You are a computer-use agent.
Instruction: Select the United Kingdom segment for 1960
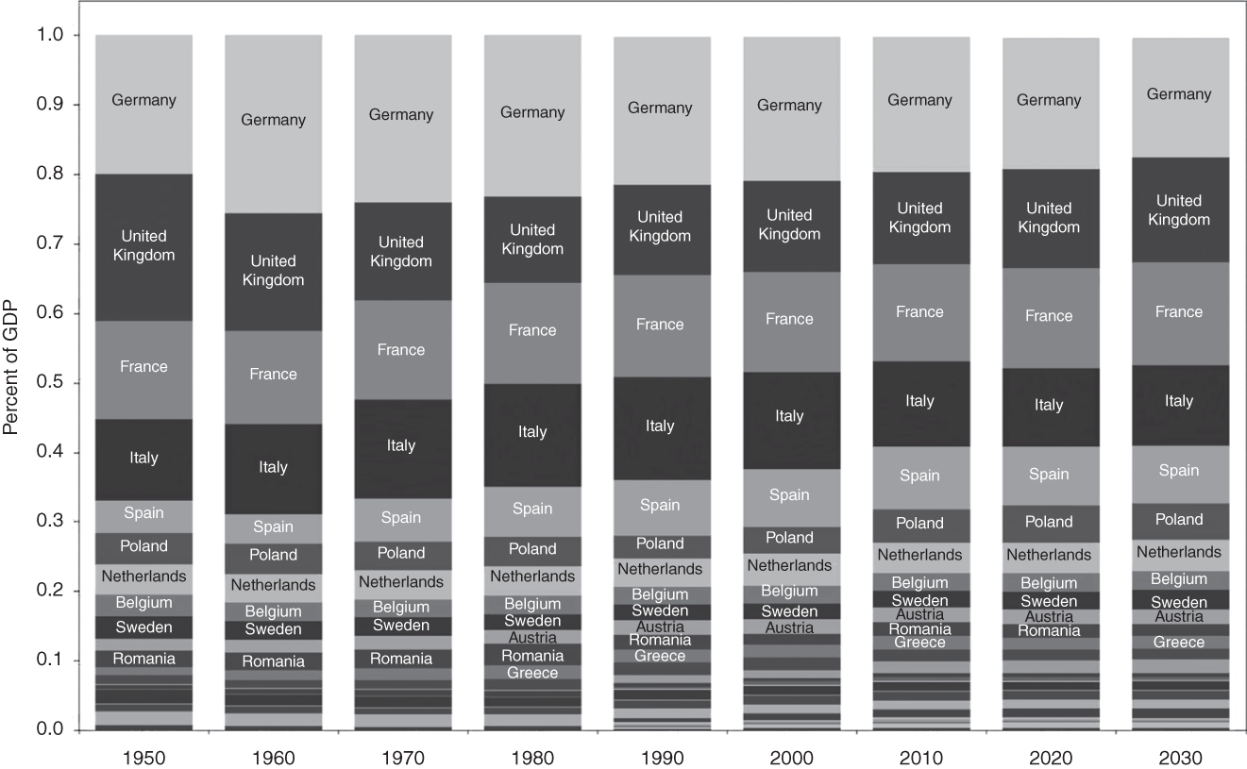point(273,271)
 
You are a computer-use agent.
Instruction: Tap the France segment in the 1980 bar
point(532,330)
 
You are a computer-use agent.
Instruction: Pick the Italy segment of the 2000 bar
point(789,416)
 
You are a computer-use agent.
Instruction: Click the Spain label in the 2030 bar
point(1178,471)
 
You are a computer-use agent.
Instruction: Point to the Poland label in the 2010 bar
point(919,523)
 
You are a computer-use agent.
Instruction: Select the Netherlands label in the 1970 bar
point(401,582)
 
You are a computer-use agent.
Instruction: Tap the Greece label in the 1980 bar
point(532,673)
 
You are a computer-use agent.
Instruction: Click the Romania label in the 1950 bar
point(143,659)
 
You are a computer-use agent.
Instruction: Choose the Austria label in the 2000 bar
point(789,627)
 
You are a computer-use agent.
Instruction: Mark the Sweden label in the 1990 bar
point(660,610)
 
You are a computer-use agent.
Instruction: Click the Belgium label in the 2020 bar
point(1049,584)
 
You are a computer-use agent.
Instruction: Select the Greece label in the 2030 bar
point(1178,643)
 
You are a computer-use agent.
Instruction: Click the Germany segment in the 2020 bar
point(1049,101)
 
